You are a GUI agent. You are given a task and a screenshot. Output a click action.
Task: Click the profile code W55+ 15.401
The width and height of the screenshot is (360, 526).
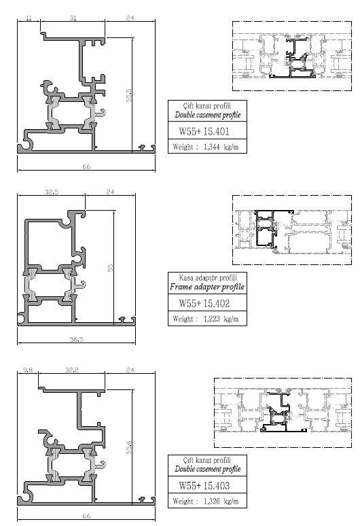pos(204,131)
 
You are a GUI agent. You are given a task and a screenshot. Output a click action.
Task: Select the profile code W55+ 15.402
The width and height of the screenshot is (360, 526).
pos(204,304)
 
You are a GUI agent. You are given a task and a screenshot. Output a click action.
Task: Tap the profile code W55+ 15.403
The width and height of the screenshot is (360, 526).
pos(204,485)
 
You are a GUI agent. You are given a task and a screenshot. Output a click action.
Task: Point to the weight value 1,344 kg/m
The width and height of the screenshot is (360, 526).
pos(221,147)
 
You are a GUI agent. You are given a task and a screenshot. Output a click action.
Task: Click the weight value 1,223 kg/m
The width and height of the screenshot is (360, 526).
pos(221,319)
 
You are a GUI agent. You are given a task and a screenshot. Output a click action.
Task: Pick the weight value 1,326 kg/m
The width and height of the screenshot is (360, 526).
pos(221,502)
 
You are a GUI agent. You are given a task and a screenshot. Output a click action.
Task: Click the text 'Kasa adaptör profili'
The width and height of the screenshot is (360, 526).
pos(208,277)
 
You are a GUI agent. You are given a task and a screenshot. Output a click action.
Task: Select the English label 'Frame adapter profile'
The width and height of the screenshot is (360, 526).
pos(207,287)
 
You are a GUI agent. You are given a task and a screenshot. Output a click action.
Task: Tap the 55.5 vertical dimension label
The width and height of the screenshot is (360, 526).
pos(129,95)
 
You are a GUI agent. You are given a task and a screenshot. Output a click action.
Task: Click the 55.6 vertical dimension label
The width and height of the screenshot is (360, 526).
pos(129,447)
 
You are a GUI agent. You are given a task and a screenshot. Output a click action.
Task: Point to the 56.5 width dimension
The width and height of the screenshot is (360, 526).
pos(77,339)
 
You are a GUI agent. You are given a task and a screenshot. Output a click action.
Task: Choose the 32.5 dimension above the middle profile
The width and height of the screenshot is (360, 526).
pos(52,192)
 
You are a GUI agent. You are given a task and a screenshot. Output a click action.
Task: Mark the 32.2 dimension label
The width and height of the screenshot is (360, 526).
pos(71,370)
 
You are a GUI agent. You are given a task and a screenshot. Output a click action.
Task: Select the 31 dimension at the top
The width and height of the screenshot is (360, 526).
pos(73,18)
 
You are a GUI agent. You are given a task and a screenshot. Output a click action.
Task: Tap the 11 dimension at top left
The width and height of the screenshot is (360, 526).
pos(29,18)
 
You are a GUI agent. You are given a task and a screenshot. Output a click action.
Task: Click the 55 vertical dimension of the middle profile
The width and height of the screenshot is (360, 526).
pos(110,268)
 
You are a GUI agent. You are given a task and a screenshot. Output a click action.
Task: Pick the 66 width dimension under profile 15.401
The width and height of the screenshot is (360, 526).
pos(86,166)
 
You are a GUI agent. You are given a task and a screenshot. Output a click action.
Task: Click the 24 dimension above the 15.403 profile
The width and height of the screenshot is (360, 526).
pos(130,370)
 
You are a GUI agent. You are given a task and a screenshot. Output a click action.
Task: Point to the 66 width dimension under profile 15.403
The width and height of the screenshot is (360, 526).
pos(86,516)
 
